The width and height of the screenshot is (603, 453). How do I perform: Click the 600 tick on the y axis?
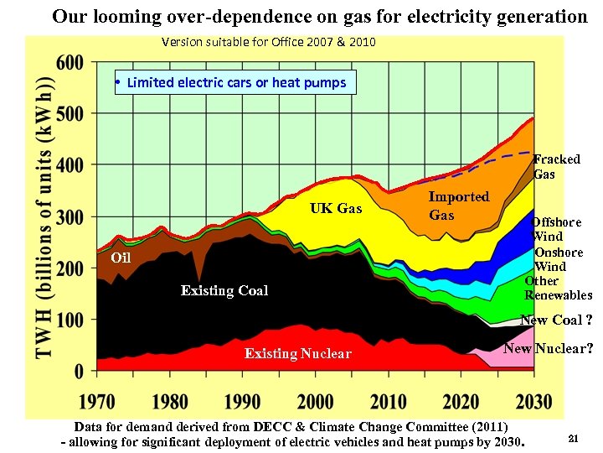[x=71, y=62]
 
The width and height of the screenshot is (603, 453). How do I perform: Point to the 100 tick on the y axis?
[x=71, y=320]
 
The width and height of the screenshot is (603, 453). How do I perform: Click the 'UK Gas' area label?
[x=336, y=208]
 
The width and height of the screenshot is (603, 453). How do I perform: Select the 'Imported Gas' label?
[x=458, y=206]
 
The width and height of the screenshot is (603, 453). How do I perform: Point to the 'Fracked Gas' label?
[x=556, y=166]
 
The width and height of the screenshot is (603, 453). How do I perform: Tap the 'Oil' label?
[x=121, y=258]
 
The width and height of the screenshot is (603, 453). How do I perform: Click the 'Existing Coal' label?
[x=224, y=290]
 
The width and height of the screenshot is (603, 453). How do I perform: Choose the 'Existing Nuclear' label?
[x=297, y=353]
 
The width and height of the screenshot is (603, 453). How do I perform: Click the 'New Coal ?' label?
[x=556, y=320]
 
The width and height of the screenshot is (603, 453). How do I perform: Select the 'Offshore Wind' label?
[x=557, y=229]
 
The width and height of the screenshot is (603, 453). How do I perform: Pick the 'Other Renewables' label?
[x=558, y=288]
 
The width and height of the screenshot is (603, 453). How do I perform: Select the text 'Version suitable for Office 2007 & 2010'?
[x=268, y=42]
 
